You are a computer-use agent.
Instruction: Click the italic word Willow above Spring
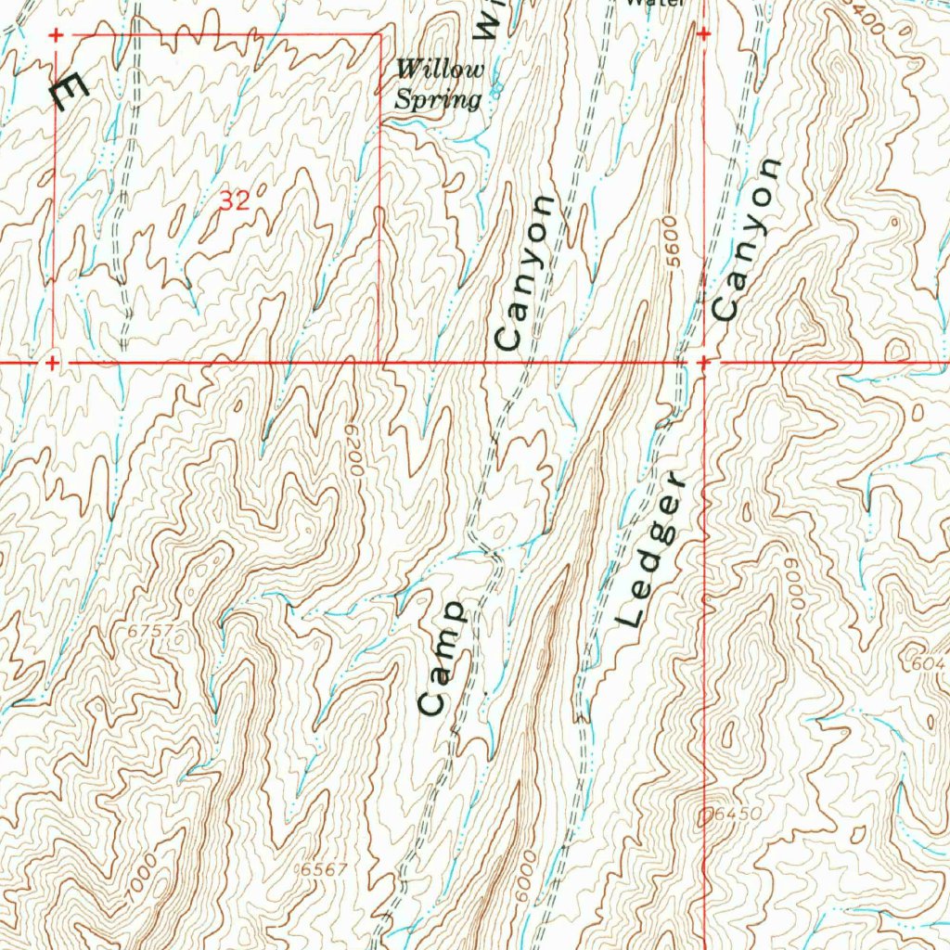[x=440, y=70]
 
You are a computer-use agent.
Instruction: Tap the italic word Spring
[x=438, y=98]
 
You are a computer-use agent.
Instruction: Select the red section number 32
[x=236, y=200]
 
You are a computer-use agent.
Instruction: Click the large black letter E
[x=68, y=92]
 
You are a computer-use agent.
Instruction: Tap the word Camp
[x=442, y=658]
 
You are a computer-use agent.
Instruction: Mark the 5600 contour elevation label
[x=674, y=244]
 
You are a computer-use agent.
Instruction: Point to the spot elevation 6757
[x=151, y=631]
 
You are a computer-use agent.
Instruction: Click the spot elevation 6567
[x=324, y=869]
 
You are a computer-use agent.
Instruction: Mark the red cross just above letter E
[x=56, y=35]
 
